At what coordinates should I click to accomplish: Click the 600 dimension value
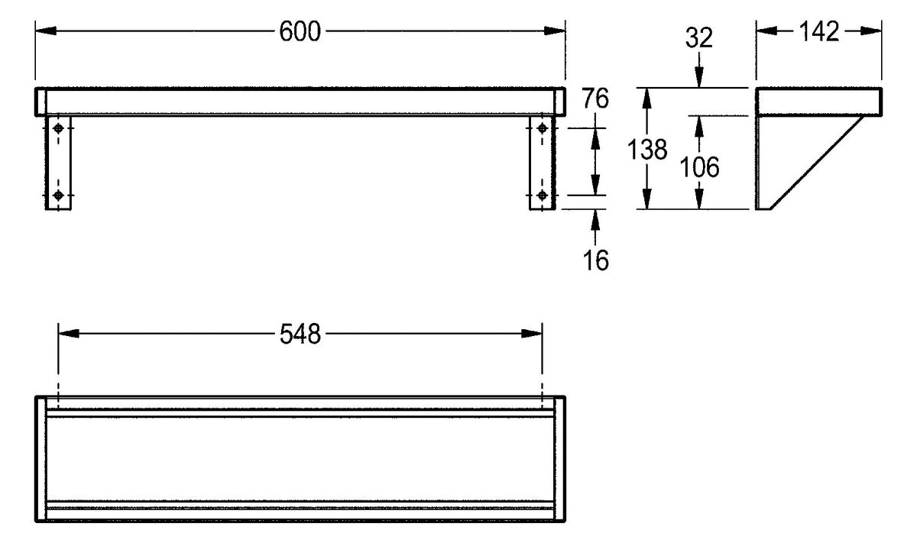(x=300, y=31)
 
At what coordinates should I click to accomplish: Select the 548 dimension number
(x=300, y=335)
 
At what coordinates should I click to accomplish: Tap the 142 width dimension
(x=818, y=31)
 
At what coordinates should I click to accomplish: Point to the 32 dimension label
(x=698, y=37)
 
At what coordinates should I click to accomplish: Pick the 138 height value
(x=647, y=149)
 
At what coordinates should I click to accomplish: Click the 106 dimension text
(x=699, y=167)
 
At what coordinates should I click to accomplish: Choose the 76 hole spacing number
(x=595, y=99)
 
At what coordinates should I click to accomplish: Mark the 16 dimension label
(x=595, y=260)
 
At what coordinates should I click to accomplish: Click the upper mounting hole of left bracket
(x=58, y=128)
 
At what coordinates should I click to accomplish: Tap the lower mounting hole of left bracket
(x=58, y=196)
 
